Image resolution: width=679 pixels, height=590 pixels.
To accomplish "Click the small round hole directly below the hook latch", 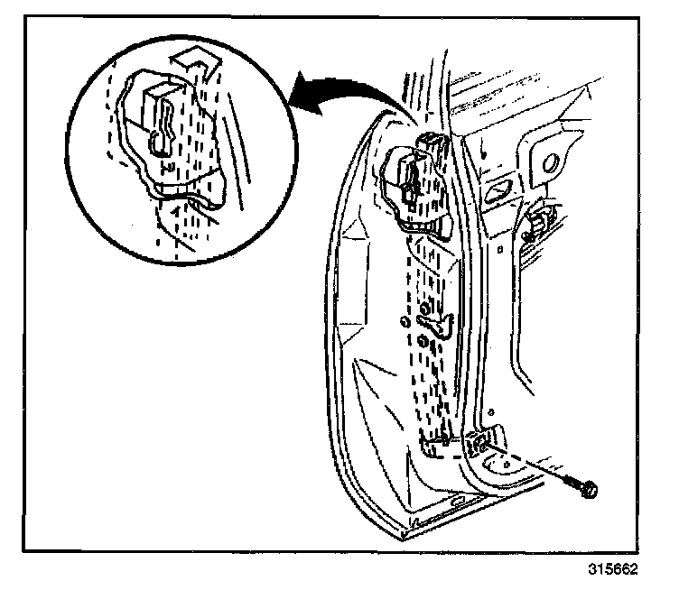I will click(x=422, y=340).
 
